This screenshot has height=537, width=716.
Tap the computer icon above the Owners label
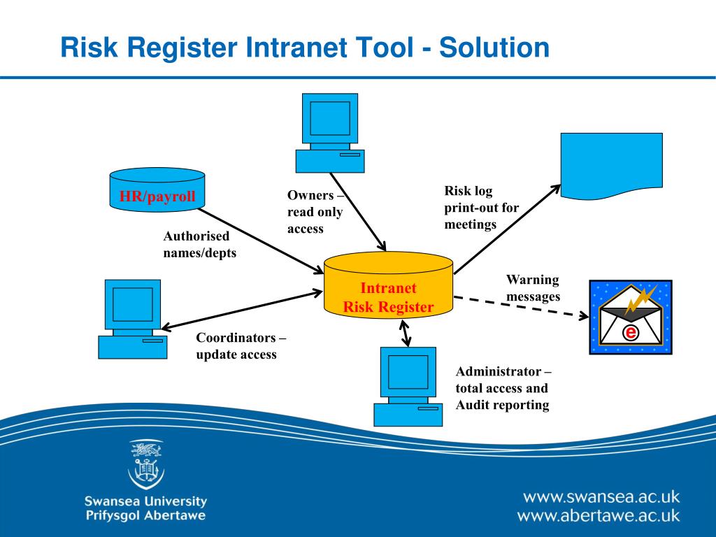click(x=329, y=133)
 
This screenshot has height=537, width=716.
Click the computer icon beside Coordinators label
click(x=133, y=319)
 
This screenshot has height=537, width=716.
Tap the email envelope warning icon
click(x=630, y=317)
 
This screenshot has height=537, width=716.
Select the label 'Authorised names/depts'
click(x=199, y=245)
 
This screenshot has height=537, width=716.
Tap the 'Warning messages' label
click(x=533, y=288)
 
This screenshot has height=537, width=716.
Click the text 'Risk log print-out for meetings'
click(x=481, y=208)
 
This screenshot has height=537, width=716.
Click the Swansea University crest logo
click(x=146, y=464)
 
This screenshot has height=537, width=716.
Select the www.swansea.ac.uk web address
click(x=601, y=497)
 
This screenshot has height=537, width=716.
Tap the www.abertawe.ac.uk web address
click(x=598, y=517)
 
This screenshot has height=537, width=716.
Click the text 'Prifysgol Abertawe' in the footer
click(x=145, y=516)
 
